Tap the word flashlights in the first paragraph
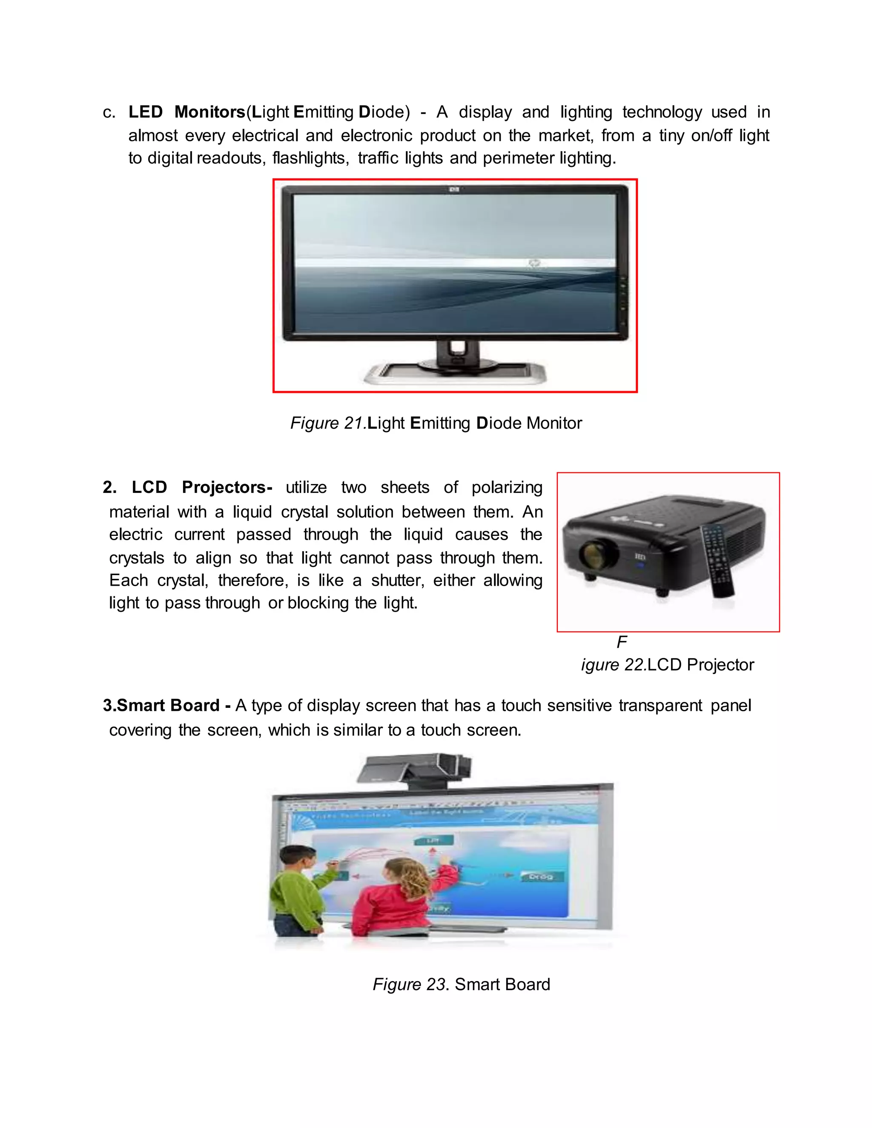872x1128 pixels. [x=310, y=158]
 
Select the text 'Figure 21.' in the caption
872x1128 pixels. [x=328, y=423]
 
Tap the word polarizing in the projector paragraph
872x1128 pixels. [x=506, y=487]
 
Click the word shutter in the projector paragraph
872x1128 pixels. [x=397, y=580]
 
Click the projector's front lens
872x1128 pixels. [x=599, y=554]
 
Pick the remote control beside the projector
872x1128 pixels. [x=717, y=561]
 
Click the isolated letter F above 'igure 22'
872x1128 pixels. [x=622, y=642]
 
